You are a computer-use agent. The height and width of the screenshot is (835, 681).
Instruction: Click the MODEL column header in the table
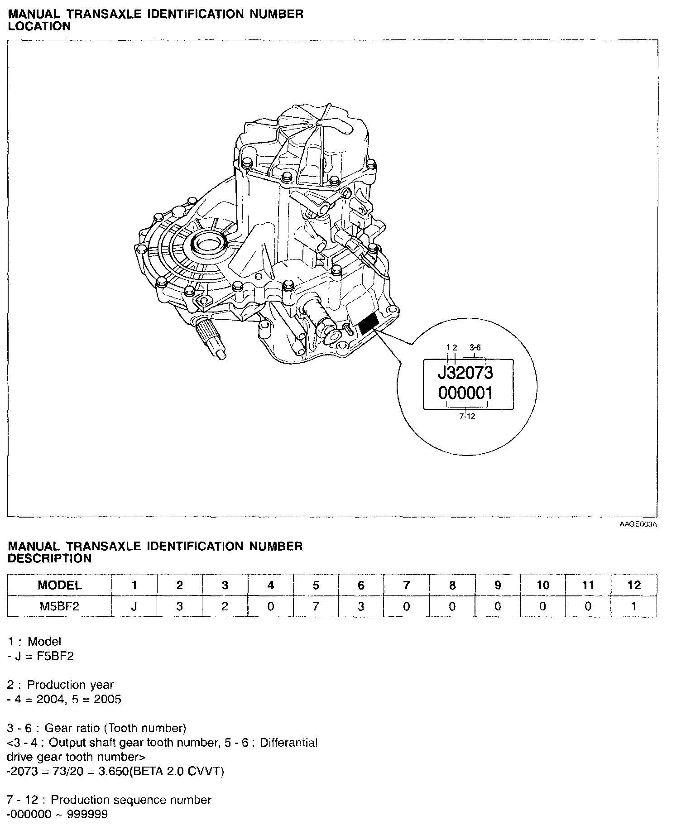[x=60, y=585]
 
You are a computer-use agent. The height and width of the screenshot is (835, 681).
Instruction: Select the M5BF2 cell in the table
[x=60, y=606]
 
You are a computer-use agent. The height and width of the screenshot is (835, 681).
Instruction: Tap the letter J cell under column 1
[x=134, y=606]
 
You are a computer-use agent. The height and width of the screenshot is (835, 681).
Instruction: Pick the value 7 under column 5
[x=316, y=606]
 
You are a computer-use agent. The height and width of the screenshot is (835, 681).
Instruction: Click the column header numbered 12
[x=634, y=585]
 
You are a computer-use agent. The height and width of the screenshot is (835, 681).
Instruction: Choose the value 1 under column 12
[x=634, y=606]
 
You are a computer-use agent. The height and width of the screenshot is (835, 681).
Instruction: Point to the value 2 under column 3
[x=225, y=606]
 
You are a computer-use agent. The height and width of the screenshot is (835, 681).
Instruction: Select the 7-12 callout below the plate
[x=467, y=417]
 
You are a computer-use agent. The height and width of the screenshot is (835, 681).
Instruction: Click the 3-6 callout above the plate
[x=475, y=347]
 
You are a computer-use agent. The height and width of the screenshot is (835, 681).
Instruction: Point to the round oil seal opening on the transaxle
[x=209, y=245]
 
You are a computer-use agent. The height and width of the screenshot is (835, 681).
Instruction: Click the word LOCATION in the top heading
[x=40, y=26]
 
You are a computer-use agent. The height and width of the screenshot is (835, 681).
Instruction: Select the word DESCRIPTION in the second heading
[x=50, y=558]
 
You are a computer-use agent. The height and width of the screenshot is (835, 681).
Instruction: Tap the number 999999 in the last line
[x=88, y=815]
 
